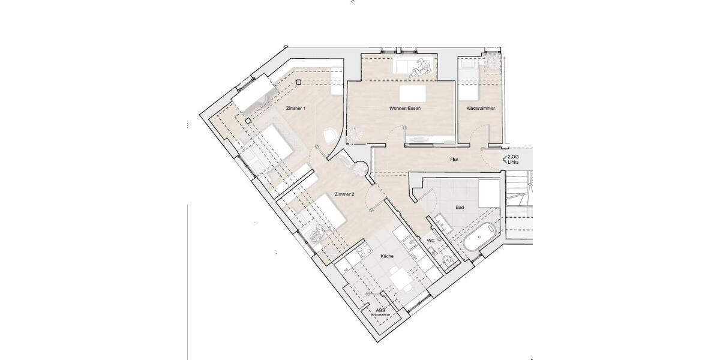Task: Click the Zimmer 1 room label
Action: pyautogui.click(x=295, y=109)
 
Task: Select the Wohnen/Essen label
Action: pyautogui.click(x=401, y=109)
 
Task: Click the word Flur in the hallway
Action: pyautogui.click(x=455, y=160)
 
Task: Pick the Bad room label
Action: pyautogui.click(x=460, y=208)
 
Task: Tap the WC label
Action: pyautogui.click(x=430, y=241)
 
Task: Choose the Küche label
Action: pyautogui.click(x=387, y=256)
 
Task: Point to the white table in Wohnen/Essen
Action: pyautogui.click(x=413, y=93)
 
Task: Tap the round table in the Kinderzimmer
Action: pyautogui.click(x=494, y=62)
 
